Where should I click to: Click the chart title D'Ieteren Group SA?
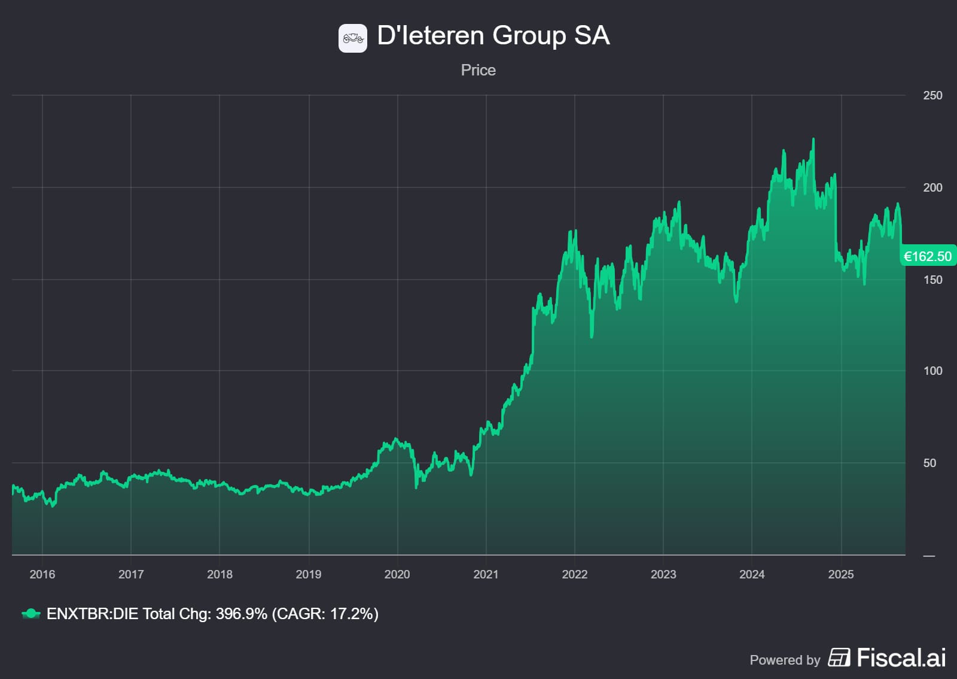pos(493,36)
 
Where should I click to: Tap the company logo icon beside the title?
pos(353,38)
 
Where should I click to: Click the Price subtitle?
pos(478,70)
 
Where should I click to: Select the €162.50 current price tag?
pos(927,256)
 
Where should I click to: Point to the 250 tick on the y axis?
pos(932,95)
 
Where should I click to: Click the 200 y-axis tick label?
pos(932,187)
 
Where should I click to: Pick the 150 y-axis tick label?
pos(932,280)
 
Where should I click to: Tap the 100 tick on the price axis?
pos(932,371)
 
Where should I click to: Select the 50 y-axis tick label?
pos(929,463)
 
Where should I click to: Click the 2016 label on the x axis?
pos(42,574)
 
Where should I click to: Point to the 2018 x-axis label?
pos(220,574)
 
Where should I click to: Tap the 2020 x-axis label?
pos(397,574)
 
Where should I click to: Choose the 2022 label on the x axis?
pos(575,574)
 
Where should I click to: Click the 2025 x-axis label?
pos(840,574)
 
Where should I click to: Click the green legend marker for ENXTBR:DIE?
pos(31,614)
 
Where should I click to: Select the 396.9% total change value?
pos(241,614)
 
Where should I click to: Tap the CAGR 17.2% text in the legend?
pos(325,614)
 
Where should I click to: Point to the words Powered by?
pos(785,660)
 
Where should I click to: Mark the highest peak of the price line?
pos(813,140)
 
